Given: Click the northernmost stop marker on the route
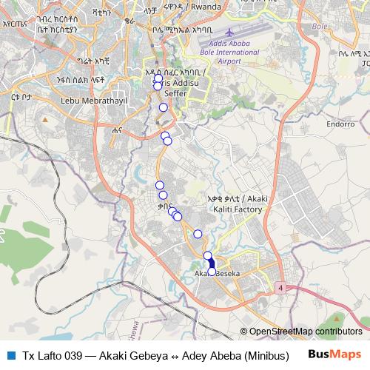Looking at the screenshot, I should [x=158, y=78].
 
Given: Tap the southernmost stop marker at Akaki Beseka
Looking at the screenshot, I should [x=212, y=272].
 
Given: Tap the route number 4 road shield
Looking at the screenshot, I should [x=282, y=286].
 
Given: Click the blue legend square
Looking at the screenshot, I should [x=11, y=354].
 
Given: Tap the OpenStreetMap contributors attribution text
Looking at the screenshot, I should [x=305, y=331].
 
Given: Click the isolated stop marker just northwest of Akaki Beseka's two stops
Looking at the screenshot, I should [x=198, y=234].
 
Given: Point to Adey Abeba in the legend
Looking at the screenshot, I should [x=207, y=354].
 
